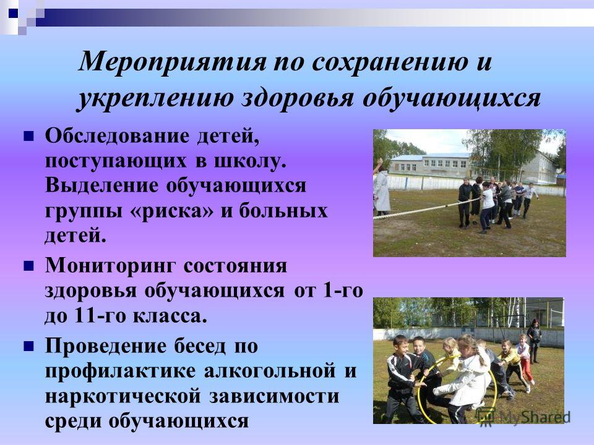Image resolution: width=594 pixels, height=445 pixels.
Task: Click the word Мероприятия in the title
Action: click(x=173, y=61)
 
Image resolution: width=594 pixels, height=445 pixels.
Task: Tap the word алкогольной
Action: click(x=270, y=370)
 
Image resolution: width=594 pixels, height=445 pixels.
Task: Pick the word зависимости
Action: click(x=274, y=396)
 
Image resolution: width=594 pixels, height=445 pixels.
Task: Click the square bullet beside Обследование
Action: click(x=28, y=136)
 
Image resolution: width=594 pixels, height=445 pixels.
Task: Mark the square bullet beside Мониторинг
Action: click(x=28, y=266)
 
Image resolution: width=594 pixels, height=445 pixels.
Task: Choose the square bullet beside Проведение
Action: click(x=28, y=346)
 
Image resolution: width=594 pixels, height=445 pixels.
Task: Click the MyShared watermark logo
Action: click(x=523, y=417)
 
